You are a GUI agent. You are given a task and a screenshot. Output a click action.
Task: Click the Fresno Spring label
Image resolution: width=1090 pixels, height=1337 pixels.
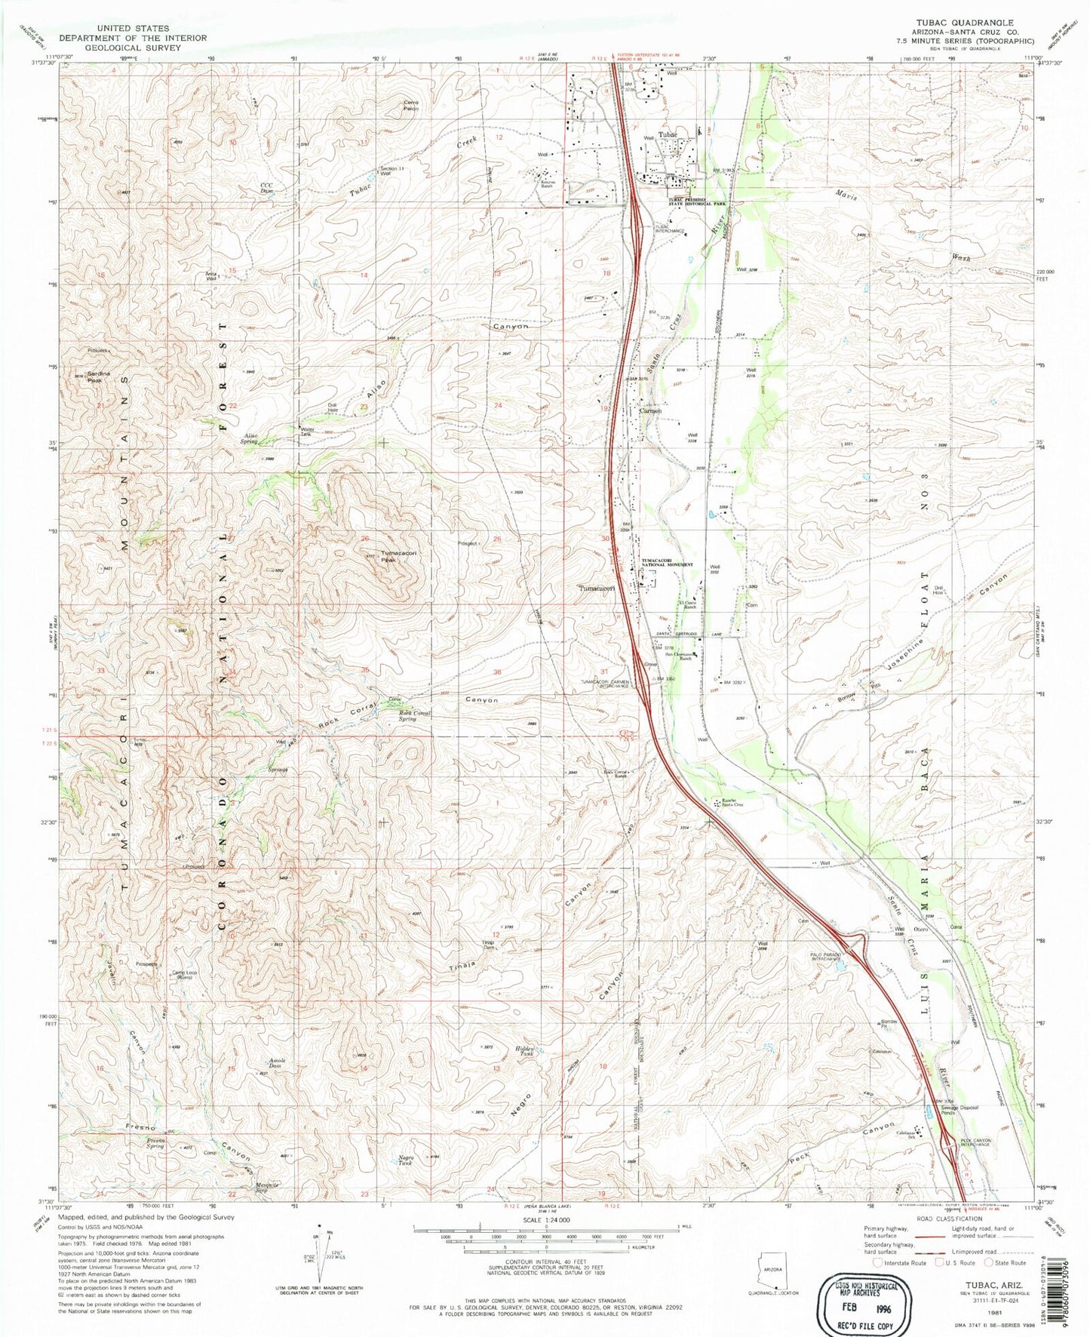click(155, 1142)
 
